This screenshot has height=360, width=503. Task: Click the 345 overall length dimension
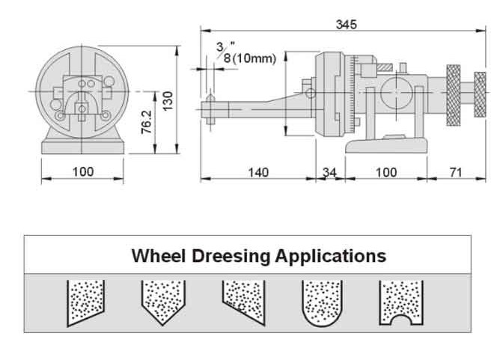click(x=346, y=24)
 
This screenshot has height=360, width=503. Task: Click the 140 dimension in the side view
click(x=257, y=172)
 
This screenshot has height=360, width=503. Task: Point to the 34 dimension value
click(x=329, y=172)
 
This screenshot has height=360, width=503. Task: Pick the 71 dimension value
click(x=455, y=172)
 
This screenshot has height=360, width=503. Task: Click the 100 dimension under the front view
click(x=82, y=171)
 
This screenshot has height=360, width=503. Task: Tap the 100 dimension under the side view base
click(x=386, y=172)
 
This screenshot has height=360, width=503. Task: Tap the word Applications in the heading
click(x=330, y=256)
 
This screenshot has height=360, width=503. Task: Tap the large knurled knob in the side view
click(x=452, y=95)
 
